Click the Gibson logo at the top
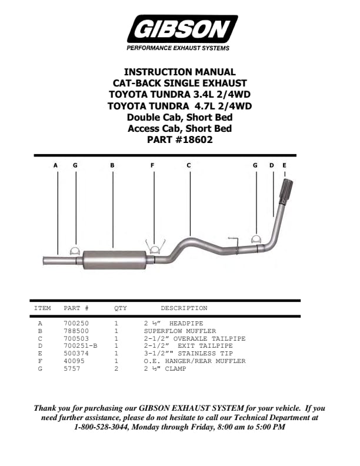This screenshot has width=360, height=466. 182,29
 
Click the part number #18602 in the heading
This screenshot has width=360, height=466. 194,139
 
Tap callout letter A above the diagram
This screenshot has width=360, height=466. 55,165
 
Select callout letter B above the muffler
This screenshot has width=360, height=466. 112,165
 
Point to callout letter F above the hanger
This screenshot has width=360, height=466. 152,165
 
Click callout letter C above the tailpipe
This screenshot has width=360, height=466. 189,165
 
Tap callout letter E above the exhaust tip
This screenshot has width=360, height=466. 284,165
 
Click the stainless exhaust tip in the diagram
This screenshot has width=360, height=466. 286,191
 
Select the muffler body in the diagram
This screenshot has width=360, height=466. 114,260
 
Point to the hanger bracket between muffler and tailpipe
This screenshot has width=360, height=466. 155,247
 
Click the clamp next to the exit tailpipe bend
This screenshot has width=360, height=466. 256,239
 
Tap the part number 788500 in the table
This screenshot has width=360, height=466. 76,331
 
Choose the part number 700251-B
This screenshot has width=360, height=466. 81,345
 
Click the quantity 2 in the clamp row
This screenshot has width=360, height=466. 116,368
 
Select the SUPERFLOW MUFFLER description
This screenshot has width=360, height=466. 180,331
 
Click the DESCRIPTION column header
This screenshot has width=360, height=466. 184,308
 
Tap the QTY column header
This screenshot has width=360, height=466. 121,308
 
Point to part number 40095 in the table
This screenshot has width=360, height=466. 74,361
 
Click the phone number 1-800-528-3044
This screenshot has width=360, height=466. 101,427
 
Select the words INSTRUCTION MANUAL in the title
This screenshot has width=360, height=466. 179,72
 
